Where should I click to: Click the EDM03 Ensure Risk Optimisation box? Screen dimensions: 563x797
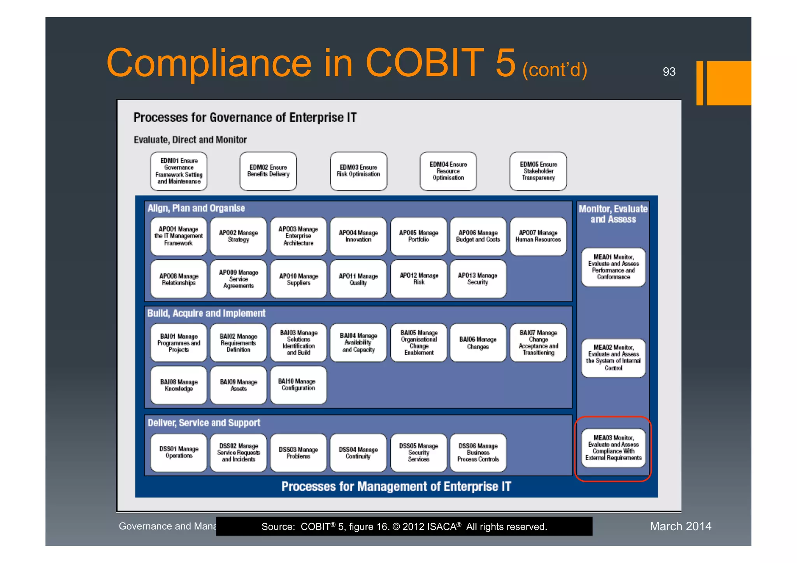pyautogui.click(x=358, y=171)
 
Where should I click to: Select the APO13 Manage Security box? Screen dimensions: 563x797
pyautogui.click(x=478, y=279)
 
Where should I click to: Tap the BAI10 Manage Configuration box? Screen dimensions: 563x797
pyautogui.click(x=298, y=385)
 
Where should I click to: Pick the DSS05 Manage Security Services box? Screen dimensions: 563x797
pyautogui.click(x=418, y=453)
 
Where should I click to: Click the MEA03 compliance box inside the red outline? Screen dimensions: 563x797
pyautogui.click(x=613, y=448)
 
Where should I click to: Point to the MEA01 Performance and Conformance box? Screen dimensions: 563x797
pyautogui.click(x=613, y=267)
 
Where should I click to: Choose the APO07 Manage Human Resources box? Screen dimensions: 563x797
pyautogui.click(x=538, y=236)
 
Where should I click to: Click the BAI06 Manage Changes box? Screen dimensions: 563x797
pyautogui.click(x=478, y=343)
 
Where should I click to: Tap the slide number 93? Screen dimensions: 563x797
pyautogui.click(x=669, y=72)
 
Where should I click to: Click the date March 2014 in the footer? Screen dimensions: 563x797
pyautogui.click(x=680, y=526)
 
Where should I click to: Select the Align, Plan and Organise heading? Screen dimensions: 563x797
pyautogui.click(x=196, y=208)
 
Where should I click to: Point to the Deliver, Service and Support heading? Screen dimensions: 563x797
pyautogui.click(x=204, y=423)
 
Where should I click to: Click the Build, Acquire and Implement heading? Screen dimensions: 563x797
pyautogui.click(x=206, y=313)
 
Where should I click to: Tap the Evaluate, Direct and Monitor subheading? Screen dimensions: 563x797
pyautogui.click(x=190, y=140)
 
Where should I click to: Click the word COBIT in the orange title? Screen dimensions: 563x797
pyautogui.click(x=424, y=63)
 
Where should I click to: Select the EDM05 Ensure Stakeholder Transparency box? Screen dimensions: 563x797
pyautogui.click(x=538, y=171)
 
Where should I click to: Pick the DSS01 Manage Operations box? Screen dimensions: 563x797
pyautogui.click(x=179, y=453)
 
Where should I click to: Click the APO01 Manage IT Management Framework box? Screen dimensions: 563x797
pyautogui.click(x=179, y=236)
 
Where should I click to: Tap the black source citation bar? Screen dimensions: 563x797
pyautogui.click(x=404, y=526)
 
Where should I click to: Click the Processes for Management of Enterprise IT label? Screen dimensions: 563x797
pyautogui.click(x=396, y=486)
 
